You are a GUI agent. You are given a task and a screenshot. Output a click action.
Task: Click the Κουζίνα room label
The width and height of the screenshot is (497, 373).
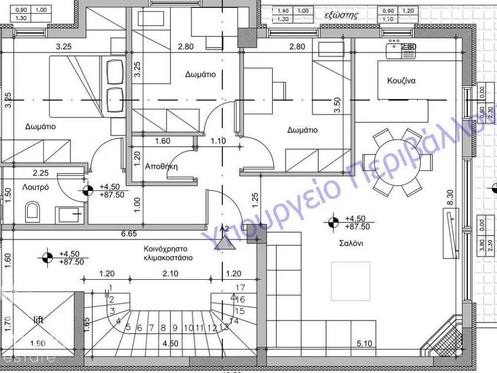[401, 81]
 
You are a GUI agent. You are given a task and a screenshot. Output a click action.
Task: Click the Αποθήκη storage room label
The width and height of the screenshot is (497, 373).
[162, 166]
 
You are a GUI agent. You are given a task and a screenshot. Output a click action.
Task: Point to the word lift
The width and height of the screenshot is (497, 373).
[38, 320]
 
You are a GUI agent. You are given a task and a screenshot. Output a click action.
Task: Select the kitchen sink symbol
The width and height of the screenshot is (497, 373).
[401, 50]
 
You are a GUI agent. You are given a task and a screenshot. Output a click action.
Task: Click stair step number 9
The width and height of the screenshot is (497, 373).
[175, 328]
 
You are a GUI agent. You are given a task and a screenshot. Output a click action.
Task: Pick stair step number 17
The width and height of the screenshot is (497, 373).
[240, 288]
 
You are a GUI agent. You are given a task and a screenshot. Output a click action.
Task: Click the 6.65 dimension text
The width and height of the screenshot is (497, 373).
[128, 234]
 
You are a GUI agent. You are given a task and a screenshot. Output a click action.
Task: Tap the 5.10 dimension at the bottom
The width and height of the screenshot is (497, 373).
[364, 343]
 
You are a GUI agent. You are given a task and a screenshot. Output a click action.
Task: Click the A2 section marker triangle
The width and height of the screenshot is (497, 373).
[225, 242]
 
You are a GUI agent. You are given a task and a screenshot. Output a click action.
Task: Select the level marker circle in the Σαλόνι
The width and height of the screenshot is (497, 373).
[332, 222]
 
